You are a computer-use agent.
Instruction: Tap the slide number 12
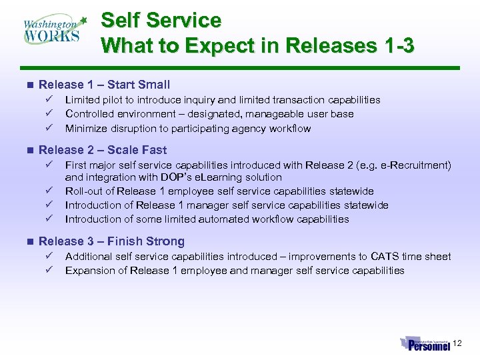click(x=457, y=343)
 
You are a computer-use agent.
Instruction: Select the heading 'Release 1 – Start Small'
click(x=105, y=85)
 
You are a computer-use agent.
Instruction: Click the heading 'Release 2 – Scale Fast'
click(x=103, y=150)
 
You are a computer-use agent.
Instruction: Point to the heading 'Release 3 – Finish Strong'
click(x=111, y=241)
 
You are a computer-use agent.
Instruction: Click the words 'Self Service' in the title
click(x=161, y=21)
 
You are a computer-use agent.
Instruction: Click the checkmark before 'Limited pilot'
click(x=49, y=99)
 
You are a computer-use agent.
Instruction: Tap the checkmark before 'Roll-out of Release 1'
click(x=49, y=191)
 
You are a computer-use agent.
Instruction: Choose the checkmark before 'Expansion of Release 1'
click(x=49, y=270)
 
